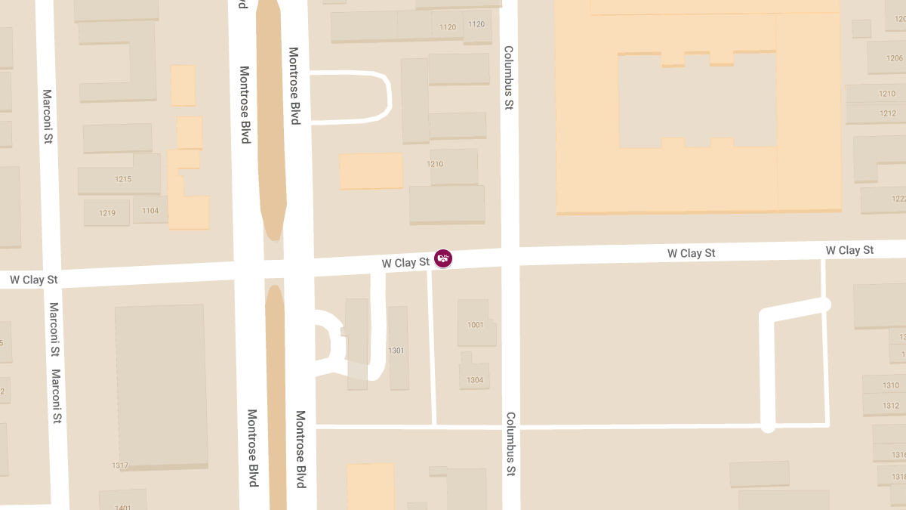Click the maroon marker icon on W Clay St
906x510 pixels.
[x=444, y=258]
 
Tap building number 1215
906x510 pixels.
[x=123, y=179]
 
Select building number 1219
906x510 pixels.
[x=107, y=213]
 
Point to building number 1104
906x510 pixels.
[x=150, y=211]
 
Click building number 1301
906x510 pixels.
[x=396, y=351]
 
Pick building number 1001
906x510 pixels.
[x=475, y=325]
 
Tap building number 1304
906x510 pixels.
[x=475, y=380]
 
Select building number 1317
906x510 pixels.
[x=119, y=465]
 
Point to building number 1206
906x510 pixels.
[x=895, y=58]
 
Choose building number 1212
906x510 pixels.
[x=888, y=114]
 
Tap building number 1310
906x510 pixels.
[x=891, y=385]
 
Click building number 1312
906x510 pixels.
[x=891, y=406]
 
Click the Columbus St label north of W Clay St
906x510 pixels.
[x=509, y=78]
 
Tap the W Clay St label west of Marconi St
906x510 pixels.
[x=33, y=280]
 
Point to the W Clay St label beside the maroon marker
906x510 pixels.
[x=405, y=263]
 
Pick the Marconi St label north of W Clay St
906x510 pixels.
[x=47, y=116]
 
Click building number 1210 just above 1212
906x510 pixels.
[x=887, y=94]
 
